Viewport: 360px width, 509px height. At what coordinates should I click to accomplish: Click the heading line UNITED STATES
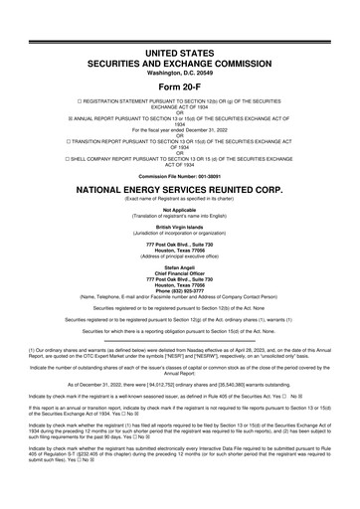pyautogui.click(x=179, y=49)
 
